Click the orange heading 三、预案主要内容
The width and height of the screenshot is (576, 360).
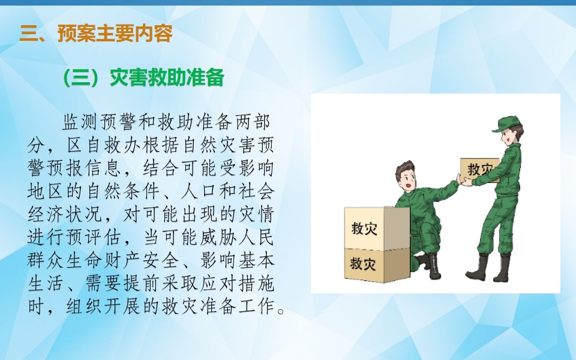pos(96,34)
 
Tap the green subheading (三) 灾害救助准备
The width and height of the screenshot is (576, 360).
pos(143,77)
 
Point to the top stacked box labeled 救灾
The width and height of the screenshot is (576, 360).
pos(377,228)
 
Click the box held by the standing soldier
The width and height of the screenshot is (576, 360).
pos(479,170)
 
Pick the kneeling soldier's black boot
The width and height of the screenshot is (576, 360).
pos(433,266)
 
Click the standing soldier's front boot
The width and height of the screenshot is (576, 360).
pos(478,268)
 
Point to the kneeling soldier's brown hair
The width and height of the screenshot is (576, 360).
pos(405,170)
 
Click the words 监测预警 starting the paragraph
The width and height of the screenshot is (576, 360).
pos(100,122)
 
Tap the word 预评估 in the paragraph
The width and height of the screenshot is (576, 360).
pos(94,238)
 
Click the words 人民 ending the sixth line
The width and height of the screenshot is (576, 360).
pos(255,238)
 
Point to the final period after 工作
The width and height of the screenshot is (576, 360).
pos(281,311)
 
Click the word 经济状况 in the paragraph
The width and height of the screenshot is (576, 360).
pos(65,214)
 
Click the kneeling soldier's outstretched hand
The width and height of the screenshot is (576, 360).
pos(458,179)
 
